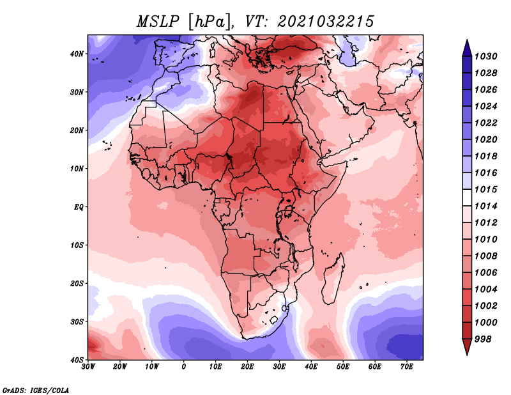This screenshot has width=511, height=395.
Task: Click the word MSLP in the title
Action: [x=158, y=22]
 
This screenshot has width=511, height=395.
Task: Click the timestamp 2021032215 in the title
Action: [x=326, y=22]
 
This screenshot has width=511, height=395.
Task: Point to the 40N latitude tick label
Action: [x=77, y=54]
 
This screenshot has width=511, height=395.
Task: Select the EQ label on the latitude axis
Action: [x=79, y=207]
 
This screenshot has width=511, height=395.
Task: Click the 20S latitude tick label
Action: [x=77, y=283]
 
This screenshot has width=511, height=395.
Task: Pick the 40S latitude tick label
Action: [x=77, y=360]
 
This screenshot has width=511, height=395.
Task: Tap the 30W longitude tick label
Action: [x=88, y=367]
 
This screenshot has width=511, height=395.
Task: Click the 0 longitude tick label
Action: [x=184, y=367]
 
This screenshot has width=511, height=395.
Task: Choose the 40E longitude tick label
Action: [x=311, y=367]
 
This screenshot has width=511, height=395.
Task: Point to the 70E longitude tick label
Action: [x=406, y=367]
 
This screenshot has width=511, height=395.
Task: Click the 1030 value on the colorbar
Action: [x=485, y=56]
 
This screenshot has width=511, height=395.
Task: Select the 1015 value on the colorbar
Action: [x=485, y=189]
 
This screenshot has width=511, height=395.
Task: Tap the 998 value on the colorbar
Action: [x=483, y=339]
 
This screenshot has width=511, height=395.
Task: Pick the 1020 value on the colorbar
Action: [x=485, y=139]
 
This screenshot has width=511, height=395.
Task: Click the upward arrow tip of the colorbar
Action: [x=467, y=40]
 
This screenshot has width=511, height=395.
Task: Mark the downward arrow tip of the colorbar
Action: [x=467, y=355]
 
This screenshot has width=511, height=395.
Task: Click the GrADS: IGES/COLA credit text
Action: [x=36, y=391]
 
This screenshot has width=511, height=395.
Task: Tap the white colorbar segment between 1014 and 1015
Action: [x=467, y=197]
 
